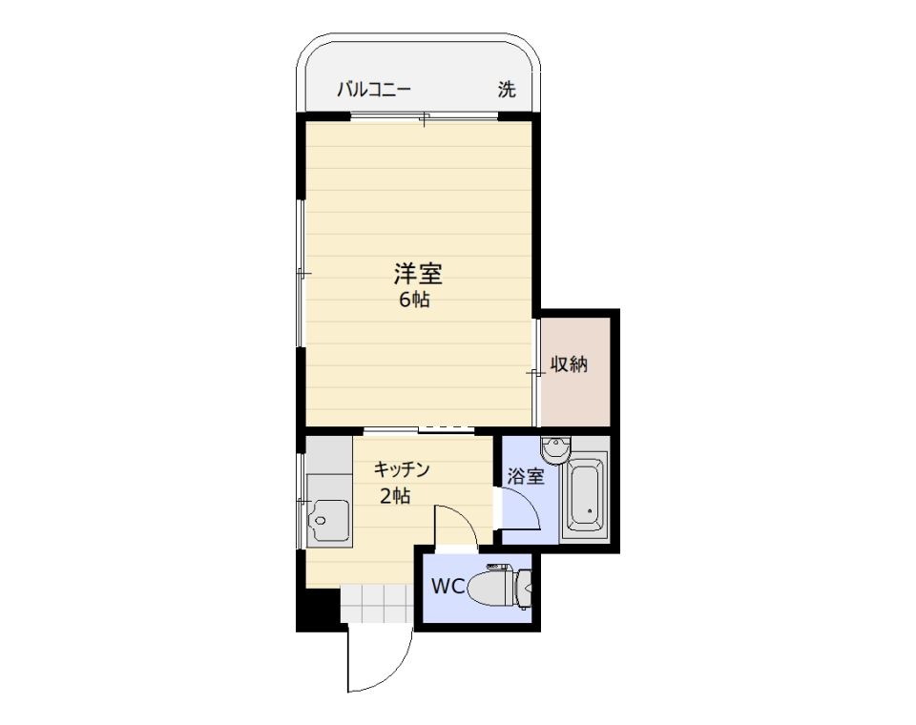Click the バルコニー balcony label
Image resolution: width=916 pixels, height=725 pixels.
[374, 90]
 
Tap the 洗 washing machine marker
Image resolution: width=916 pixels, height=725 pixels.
[507, 90]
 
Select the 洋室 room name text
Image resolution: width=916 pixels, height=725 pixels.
[418, 274]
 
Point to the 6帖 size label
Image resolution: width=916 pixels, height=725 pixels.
[415, 300]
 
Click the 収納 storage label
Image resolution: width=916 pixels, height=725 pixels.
[569, 364]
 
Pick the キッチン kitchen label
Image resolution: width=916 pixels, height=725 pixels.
[402, 468]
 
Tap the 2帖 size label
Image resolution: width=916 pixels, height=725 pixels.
[395, 496]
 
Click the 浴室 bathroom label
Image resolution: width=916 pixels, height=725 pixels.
[526, 476]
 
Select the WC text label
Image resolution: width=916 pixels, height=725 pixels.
[448, 586]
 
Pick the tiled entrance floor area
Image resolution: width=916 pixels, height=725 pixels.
[378, 604]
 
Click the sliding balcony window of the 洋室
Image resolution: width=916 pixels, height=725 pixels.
[425, 116]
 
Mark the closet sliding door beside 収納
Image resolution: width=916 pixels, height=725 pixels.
[535, 372]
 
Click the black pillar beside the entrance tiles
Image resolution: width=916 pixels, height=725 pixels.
[319, 608]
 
